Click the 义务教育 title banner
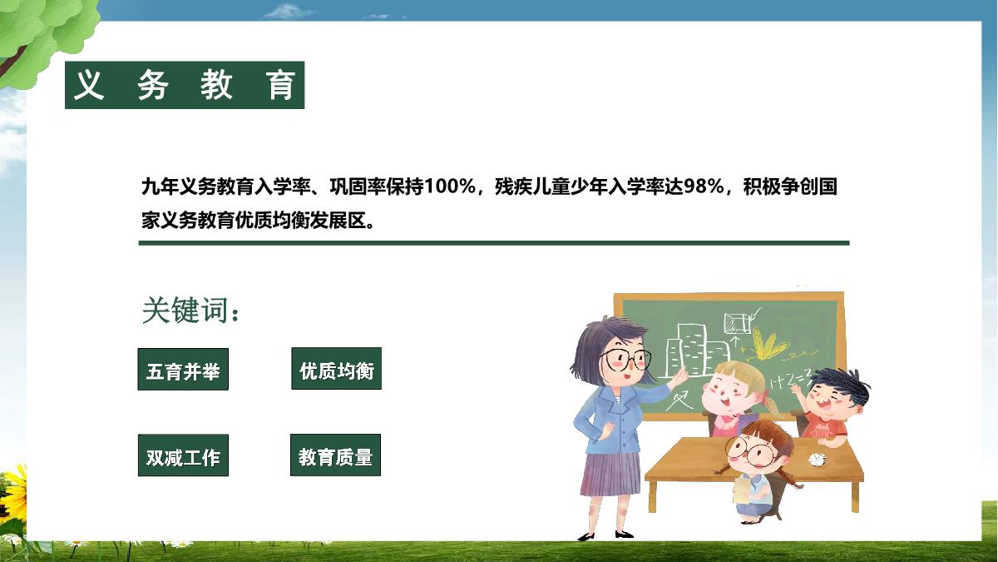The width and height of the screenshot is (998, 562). (185, 85)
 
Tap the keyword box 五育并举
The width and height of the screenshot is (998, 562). (183, 370)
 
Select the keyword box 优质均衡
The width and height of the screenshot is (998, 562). (336, 368)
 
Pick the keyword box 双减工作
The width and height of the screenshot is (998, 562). (183, 455)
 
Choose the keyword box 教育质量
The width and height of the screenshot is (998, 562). (335, 455)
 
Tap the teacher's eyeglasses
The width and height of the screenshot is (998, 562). (625, 359)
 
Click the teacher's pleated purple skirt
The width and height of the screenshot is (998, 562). (611, 474)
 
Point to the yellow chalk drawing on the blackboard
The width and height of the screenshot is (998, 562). (768, 345)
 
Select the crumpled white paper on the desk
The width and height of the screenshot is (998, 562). (817, 459)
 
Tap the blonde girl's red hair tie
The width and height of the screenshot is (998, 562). (766, 395)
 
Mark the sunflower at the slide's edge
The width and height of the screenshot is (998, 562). (12, 493)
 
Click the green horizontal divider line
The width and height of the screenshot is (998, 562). (494, 243)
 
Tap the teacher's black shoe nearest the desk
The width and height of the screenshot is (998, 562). (624, 534)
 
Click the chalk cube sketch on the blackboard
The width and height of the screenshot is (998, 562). (738, 323)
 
